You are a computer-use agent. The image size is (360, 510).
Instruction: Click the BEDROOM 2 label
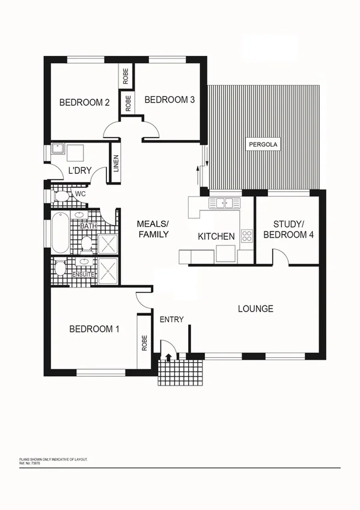84,103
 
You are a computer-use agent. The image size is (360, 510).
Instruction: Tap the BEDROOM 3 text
169,100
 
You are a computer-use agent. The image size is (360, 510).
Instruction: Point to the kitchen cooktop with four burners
246,235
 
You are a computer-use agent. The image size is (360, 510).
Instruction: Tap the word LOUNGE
255,309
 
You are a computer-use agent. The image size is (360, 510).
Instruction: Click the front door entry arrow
168,357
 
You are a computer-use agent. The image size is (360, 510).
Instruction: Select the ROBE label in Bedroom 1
144,343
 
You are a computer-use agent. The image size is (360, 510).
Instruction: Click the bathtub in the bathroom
59,233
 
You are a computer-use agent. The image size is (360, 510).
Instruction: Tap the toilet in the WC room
61,195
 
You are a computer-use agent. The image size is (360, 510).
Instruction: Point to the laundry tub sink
58,150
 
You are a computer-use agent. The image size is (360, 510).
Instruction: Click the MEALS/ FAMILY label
153,229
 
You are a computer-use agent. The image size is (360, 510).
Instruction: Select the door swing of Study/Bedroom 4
281,257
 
